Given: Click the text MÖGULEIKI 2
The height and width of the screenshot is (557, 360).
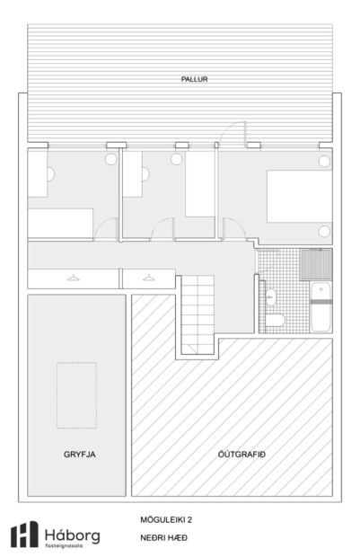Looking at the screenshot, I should (166, 519).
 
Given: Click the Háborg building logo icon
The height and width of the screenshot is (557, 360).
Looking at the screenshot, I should (23, 535).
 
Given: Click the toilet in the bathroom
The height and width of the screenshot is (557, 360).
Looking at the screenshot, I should (278, 320).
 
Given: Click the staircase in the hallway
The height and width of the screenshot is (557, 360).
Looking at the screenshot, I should (196, 314).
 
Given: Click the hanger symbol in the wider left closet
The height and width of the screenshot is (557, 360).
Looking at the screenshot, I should (73, 278).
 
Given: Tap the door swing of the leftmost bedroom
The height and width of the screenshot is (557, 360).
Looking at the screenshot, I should (107, 229).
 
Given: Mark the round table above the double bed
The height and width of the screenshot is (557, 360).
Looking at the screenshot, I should (322, 161).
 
